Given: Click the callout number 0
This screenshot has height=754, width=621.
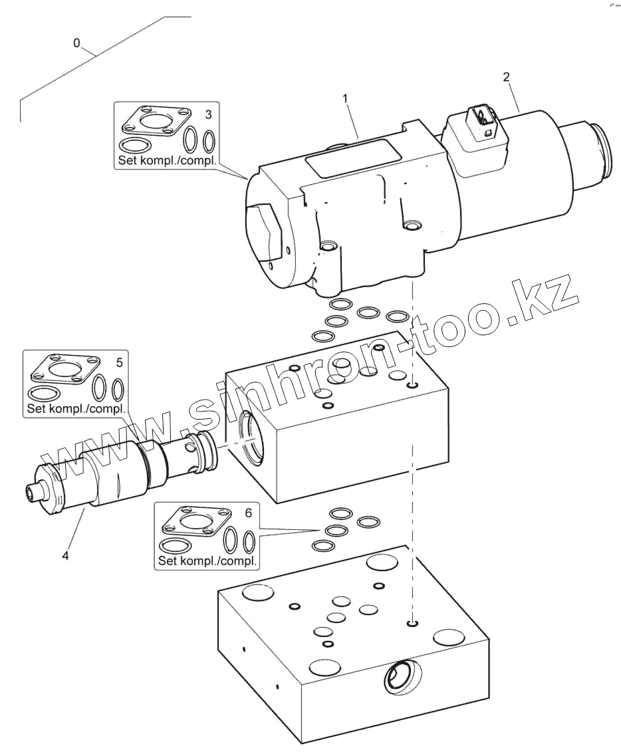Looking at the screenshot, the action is pos(76,43).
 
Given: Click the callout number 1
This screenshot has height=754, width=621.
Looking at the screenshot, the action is pos(345,98).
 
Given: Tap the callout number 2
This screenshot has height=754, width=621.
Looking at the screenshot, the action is pos(507,77).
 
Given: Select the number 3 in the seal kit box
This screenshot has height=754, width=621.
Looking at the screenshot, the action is pos(208,115).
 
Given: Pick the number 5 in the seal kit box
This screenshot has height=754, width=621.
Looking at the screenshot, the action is pos(119,362).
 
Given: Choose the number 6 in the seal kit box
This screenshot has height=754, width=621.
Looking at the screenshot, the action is pos(249,513).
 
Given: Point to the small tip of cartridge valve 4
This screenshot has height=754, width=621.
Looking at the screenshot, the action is pos(31,492).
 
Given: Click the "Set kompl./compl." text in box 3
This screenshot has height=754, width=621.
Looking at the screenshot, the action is pos(167,160).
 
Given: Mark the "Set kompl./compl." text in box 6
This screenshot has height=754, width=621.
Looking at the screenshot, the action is pos(207,561).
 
